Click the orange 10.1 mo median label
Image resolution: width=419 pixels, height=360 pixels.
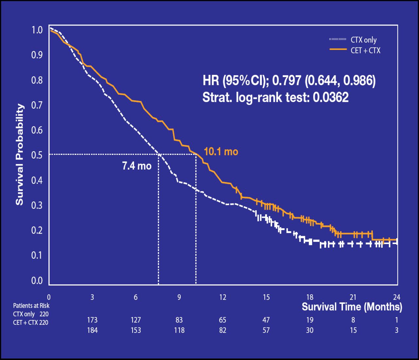click(221, 152)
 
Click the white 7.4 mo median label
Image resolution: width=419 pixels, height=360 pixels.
click(137, 166)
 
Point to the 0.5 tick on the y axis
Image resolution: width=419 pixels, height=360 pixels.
click(37, 155)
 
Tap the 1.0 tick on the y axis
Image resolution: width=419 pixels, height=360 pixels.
click(37, 30)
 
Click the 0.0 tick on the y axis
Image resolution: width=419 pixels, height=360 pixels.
click(37, 281)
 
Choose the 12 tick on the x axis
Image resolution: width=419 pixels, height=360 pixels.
click(223, 297)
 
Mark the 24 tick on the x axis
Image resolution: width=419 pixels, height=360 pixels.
click(397, 297)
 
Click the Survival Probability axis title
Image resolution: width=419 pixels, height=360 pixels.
click(20, 154)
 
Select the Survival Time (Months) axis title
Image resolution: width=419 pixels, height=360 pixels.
click(352, 307)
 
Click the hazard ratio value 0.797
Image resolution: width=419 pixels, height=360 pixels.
click(286, 80)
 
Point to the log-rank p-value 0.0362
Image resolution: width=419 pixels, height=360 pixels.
click(331, 97)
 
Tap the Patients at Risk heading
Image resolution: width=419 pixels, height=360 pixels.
click(31, 306)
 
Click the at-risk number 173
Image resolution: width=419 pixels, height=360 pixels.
click(92, 320)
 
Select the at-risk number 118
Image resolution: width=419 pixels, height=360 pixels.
click(179, 330)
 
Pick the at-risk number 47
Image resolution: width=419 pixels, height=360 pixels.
click(266, 320)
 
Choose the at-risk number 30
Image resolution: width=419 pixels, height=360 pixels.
click(310, 330)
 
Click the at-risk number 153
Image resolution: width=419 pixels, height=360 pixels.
click(136, 330)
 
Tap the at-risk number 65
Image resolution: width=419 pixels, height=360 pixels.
click(223, 320)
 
